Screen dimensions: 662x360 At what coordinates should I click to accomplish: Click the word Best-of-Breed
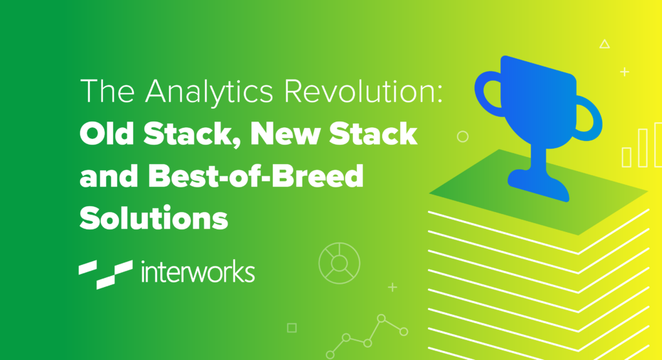[x=256, y=176]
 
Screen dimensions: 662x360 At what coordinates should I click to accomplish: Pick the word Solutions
[x=154, y=218]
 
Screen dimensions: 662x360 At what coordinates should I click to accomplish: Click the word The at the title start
[x=107, y=90]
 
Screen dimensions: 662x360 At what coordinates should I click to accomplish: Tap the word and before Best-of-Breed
[x=109, y=176]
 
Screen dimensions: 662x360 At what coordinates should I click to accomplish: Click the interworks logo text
[x=198, y=271]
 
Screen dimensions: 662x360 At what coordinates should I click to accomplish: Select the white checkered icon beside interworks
[x=105, y=274]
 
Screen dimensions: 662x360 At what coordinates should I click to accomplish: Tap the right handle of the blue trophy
[x=589, y=119]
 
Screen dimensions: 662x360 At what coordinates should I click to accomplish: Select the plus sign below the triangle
[x=625, y=72]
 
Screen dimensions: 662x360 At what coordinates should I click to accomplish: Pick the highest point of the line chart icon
[x=381, y=318]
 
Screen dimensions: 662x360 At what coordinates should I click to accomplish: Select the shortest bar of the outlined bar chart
[x=627, y=157]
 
